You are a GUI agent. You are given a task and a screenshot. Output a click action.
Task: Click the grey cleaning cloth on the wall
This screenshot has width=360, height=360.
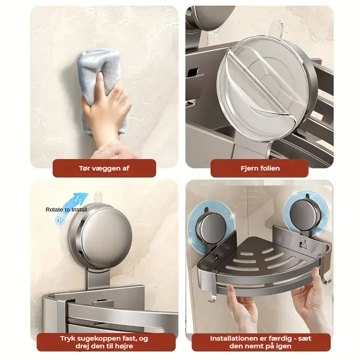101,76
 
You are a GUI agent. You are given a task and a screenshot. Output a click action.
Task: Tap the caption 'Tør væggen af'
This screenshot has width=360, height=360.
104,168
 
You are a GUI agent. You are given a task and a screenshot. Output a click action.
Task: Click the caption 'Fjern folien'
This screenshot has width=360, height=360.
260,168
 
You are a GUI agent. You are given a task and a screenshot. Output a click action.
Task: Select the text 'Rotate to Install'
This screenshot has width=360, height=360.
66,210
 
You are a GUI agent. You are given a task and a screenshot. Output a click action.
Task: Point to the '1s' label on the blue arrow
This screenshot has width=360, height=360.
78,200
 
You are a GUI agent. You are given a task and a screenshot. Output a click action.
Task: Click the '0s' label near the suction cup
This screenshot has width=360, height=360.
60,220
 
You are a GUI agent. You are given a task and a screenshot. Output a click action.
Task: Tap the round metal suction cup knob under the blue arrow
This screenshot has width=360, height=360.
100,237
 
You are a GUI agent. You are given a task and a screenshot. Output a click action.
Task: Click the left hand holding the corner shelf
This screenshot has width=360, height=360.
241,308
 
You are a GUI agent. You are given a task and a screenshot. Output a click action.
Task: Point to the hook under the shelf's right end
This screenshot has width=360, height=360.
325,279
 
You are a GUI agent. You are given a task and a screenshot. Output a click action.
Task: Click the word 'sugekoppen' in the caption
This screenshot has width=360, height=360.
104,339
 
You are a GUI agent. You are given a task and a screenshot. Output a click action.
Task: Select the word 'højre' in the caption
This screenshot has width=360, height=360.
124,346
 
